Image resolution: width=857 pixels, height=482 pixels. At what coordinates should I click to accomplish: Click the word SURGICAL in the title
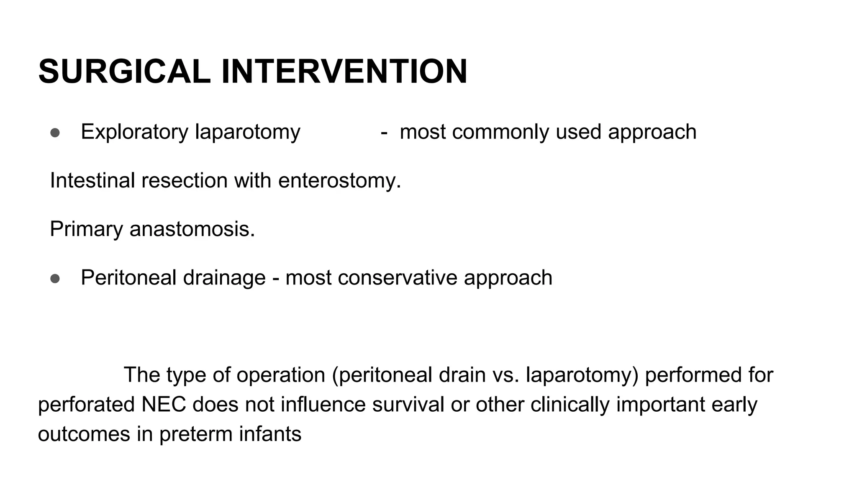click(x=124, y=72)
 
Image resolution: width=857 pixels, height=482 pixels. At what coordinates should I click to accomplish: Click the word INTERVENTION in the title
click(x=344, y=72)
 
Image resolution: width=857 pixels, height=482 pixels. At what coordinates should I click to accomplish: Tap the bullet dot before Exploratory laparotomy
click(x=55, y=133)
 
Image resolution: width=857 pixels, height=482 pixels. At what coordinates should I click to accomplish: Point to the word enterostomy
click(x=339, y=181)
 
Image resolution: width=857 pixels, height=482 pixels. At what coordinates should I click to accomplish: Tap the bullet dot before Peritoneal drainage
click(x=55, y=279)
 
